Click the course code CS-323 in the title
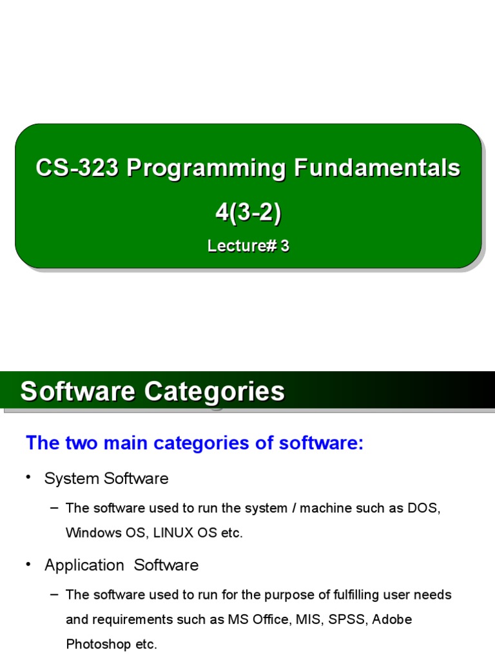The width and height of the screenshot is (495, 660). [x=77, y=168]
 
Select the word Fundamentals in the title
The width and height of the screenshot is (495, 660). [x=377, y=168]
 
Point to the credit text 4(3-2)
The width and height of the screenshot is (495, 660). [x=248, y=213]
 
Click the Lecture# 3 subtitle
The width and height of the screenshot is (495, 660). [x=248, y=246]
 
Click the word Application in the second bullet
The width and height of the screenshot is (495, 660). [x=84, y=565]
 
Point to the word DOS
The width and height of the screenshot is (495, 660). [x=423, y=508]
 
